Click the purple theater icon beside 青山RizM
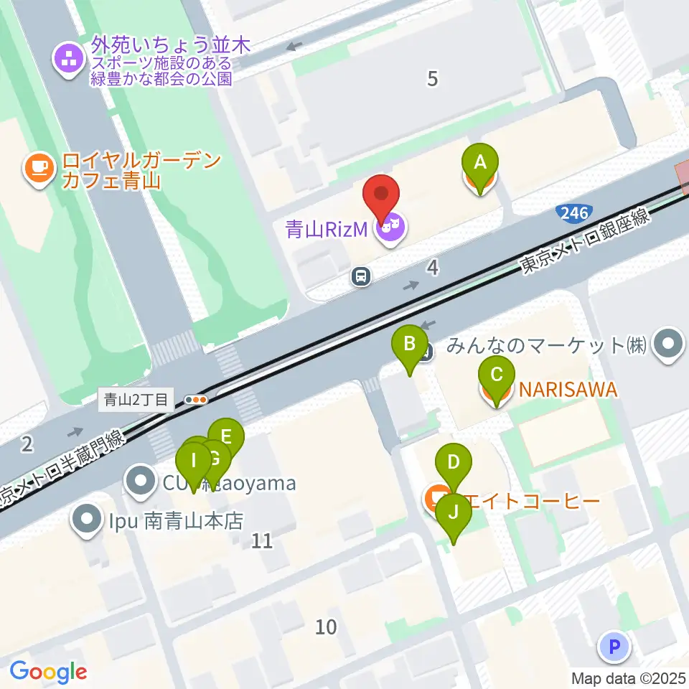[x=390, y=229]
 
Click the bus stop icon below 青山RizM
[x=362, y=276]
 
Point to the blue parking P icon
[x=614, y=647]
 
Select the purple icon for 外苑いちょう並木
[x=70, y=61]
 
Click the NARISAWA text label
[x=568, y=390]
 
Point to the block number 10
[x=326, y=627]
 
